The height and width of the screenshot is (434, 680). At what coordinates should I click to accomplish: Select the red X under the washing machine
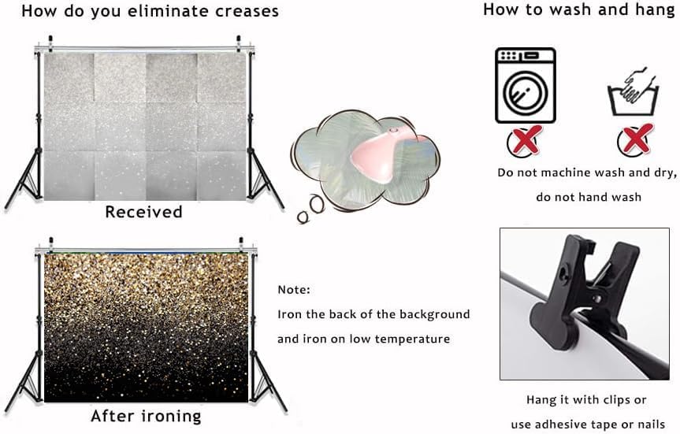[x=523, y=142]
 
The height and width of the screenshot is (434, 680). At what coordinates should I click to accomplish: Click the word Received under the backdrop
[x=143, y=212]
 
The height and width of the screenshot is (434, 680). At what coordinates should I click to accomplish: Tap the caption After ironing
[x=146, y=415]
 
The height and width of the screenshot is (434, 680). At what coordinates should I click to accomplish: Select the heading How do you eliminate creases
[x=150, y=12]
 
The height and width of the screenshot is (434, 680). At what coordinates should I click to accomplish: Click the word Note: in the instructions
[x=294, y=290]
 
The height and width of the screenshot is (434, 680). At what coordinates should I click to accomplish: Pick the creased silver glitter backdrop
[x=144, y=126]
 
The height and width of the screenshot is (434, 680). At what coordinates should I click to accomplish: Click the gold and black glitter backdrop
[x=146, y=328]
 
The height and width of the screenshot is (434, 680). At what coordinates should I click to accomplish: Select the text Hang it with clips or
[x=586, y=399]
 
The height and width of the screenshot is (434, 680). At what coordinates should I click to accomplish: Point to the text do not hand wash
[x=589, y=197]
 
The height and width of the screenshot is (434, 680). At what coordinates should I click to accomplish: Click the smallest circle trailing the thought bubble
[x=303, y=217]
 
